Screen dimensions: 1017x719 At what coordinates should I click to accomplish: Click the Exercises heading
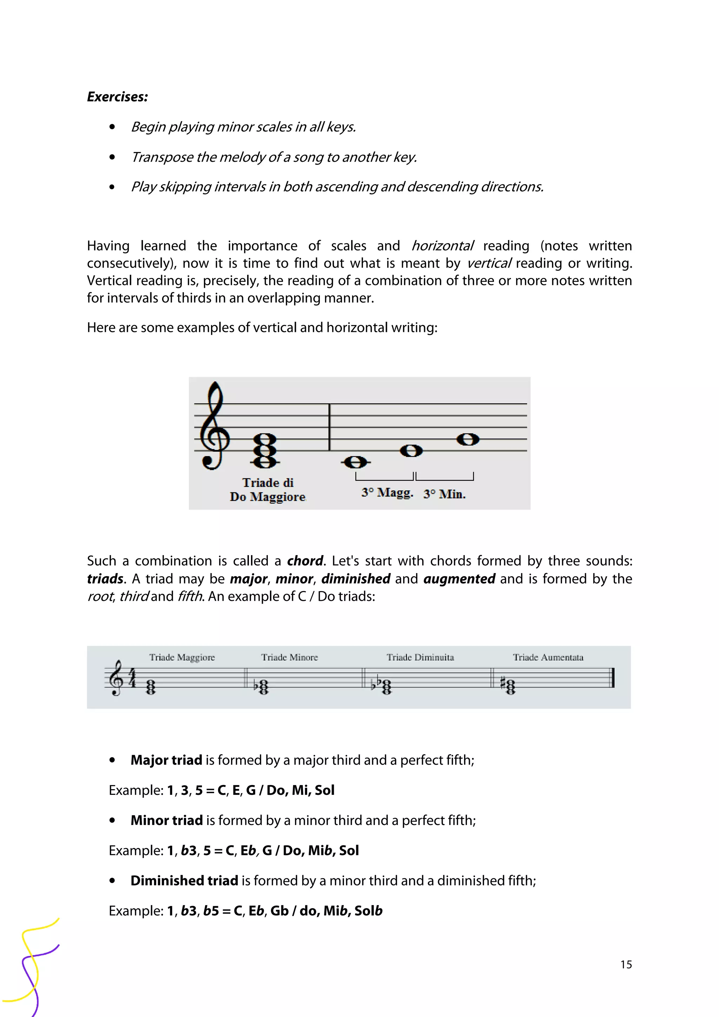(117, 97)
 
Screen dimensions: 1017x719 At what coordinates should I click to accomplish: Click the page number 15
(626, 964)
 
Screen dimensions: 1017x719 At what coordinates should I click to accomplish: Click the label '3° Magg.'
(387, 493)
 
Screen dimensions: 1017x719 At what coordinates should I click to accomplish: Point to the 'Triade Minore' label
(289, 657)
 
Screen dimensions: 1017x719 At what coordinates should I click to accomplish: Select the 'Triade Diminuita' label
(420, 657)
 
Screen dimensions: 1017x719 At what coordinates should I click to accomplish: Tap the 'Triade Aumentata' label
(548, 657)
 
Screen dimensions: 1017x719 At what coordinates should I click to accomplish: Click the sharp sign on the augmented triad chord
(503, 683)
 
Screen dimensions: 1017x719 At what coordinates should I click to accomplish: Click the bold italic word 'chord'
(305, 561)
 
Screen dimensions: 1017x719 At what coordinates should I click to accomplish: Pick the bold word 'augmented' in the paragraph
(459, 578)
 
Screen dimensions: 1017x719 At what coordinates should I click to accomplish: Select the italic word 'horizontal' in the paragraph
(442, 246)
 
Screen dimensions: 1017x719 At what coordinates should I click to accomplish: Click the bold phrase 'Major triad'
(166, 760)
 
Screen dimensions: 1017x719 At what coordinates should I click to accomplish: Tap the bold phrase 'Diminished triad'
(184, 880)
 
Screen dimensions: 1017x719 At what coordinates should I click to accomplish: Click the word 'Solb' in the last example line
(368, 911)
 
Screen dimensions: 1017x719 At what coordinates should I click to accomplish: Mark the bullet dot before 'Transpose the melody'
(112, 157)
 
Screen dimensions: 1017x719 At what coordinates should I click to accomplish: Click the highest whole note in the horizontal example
(468, 439)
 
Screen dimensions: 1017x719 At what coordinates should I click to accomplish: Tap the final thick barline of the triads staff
(613, 678)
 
